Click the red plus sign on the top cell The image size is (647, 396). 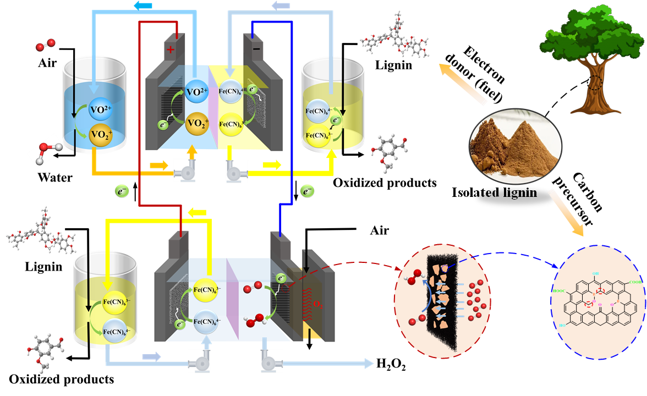pos(171,50)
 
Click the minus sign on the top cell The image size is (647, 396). pos(256,48)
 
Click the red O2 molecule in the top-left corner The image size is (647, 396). pos(45,45)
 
